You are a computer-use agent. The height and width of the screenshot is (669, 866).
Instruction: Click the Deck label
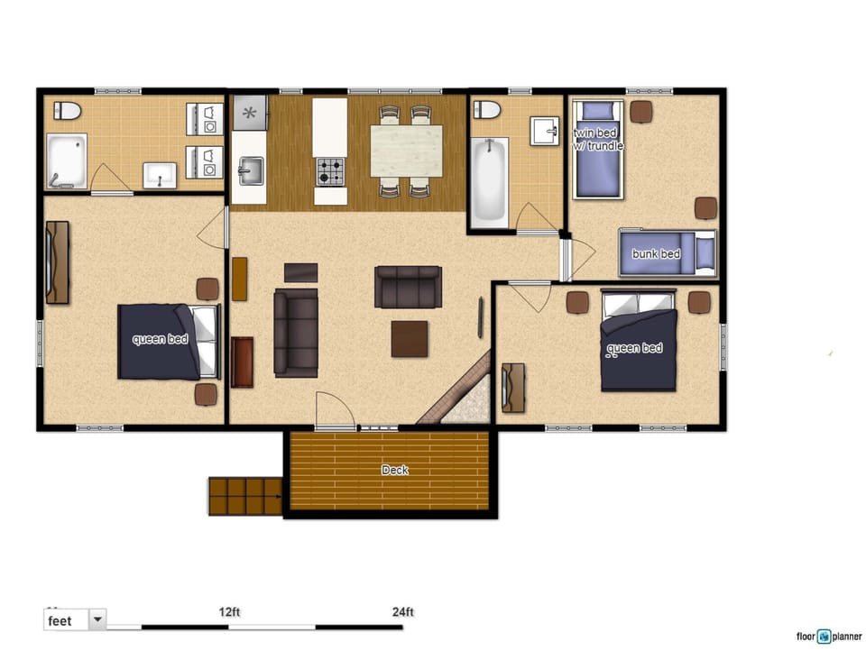[x=394, y=470]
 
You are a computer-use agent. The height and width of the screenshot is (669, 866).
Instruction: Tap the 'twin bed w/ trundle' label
[x=597, y=139]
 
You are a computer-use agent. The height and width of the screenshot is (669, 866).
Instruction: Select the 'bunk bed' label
[x=656, y=254]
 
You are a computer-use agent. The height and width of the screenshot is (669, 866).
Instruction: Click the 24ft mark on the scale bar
[x=402, y=612]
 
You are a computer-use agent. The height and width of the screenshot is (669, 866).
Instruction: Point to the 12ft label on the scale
[x=229, y=612]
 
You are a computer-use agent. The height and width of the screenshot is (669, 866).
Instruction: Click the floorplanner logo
[x=828, y=637]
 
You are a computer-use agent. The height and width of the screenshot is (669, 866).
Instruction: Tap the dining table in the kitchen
[x=406, y=151]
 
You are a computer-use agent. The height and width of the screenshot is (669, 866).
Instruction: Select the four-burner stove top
[x=330, y=171]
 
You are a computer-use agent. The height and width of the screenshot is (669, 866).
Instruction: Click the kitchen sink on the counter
[x=250, y=170]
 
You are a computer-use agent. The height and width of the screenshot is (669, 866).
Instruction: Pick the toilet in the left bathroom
[x=67, y=111]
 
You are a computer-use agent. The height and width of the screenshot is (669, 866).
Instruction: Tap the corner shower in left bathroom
[x=67, y=161]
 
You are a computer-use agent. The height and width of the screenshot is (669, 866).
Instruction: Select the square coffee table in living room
[x=410, y=339]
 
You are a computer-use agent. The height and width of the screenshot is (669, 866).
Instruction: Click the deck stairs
[x=245, y=496]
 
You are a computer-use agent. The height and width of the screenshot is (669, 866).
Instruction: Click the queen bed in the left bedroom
[x=168, y=341]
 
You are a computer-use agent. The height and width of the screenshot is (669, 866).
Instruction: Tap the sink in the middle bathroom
[x=544, y=131]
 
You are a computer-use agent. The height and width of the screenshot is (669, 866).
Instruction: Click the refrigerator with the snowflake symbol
[x=250, y=114]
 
